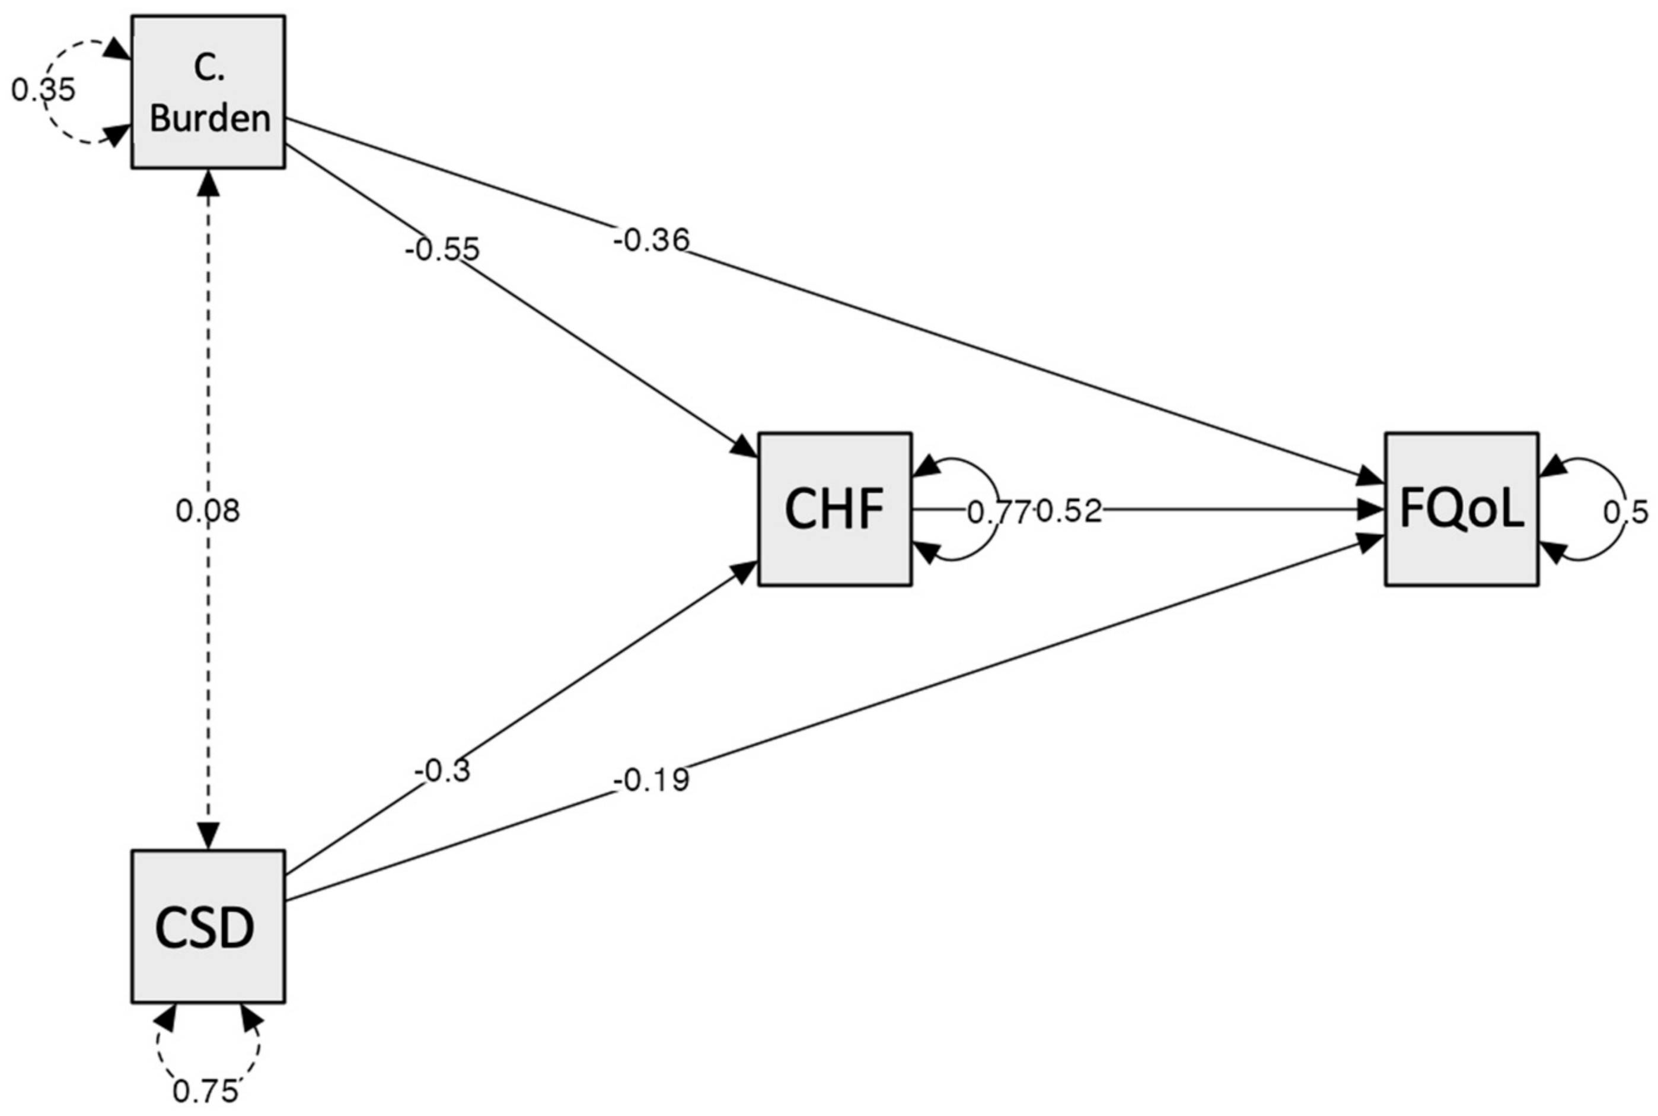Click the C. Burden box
pyautogui.click(x=208, y=93)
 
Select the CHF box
pyautogui.click(x=835, y=510)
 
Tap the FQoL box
pyautogui.click(x=1462, y=510)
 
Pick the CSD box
pyautogui.click(x=208, y=927)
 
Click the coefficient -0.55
pyautogui.click(x=442, y=250)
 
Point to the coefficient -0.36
pyautogui.click(x=651, y=240)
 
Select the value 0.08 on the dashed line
pyautogui.click(x=208, y=511)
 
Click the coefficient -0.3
pyautogui.click(x=442, y=770)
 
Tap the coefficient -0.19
pyautogui.click(x=651, y=780)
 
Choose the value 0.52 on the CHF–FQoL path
pyautogui.click(x=1069, y=511)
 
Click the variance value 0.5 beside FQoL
pyautogui.click(x=1625, y=512)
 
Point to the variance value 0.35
pyautogui.click(x=43, y=90)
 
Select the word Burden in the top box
pyautogui.click(x=210, y=118)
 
